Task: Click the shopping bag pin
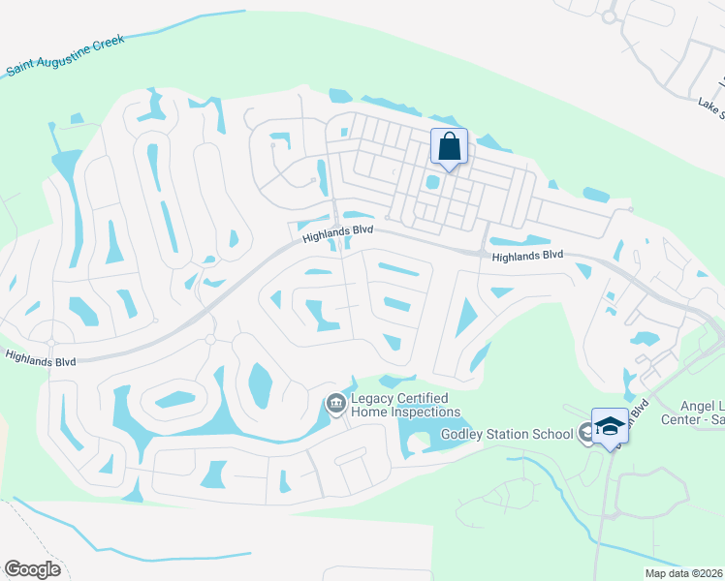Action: coord(449,147)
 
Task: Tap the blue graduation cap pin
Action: coord(610,427)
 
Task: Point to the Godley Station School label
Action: coord(508,434)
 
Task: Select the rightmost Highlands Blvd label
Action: coord(527,256)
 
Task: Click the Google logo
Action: coord(32,568)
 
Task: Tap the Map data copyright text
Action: coord(683,573)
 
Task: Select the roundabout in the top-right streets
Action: coord(609,16)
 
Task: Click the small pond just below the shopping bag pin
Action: coord(432,182)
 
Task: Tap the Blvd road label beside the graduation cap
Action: coord(632,413)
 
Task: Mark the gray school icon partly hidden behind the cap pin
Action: coord(586,433)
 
